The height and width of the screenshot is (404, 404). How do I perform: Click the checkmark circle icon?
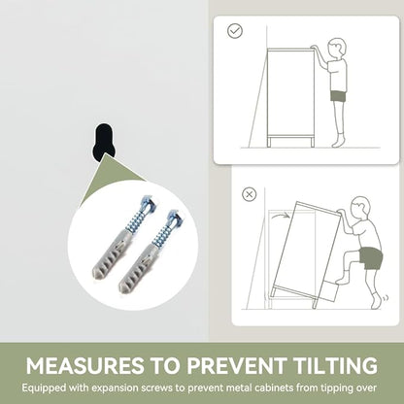pos(235,31)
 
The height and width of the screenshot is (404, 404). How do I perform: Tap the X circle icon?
pos(249,194)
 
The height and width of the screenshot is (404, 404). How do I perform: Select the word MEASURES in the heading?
pos(84,365)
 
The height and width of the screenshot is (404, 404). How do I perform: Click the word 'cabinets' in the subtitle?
pos(274,387)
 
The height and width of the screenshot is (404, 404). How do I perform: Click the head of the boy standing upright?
pos(336,48)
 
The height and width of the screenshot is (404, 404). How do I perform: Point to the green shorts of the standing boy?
pos(338,96)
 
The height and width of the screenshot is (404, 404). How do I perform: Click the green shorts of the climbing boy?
pos(371,257)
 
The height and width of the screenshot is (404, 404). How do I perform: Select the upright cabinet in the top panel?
pos(290,97)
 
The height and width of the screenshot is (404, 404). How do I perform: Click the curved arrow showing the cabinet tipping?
pos(280,214)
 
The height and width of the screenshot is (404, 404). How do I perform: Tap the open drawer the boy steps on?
pos(326,292)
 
